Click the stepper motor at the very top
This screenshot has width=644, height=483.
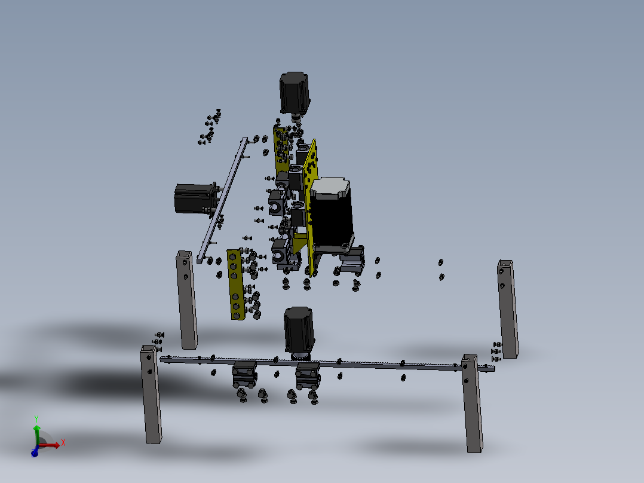[x=295, y=93]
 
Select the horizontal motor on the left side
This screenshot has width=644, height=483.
[x=194, y=198]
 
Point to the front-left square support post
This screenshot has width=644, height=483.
[x=151, y=395]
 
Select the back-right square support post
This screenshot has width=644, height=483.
[x=508, y=308]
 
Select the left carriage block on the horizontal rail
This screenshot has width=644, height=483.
[x=244, y=374]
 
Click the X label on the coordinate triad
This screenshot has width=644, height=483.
[x=63, y=442]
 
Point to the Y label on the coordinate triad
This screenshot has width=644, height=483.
[x=36, y=418]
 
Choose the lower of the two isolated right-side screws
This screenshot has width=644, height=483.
[x=441, y=276]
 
